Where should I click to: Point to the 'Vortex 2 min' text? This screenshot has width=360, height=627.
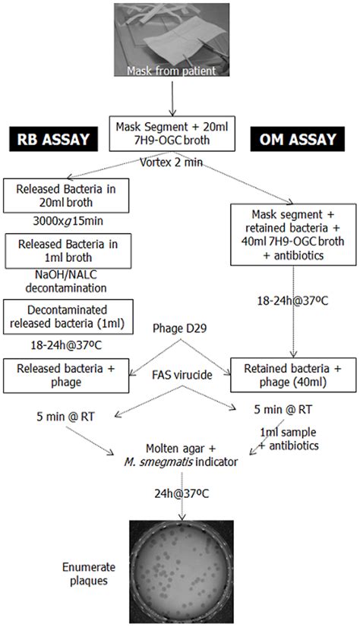(x=176, y=162)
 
